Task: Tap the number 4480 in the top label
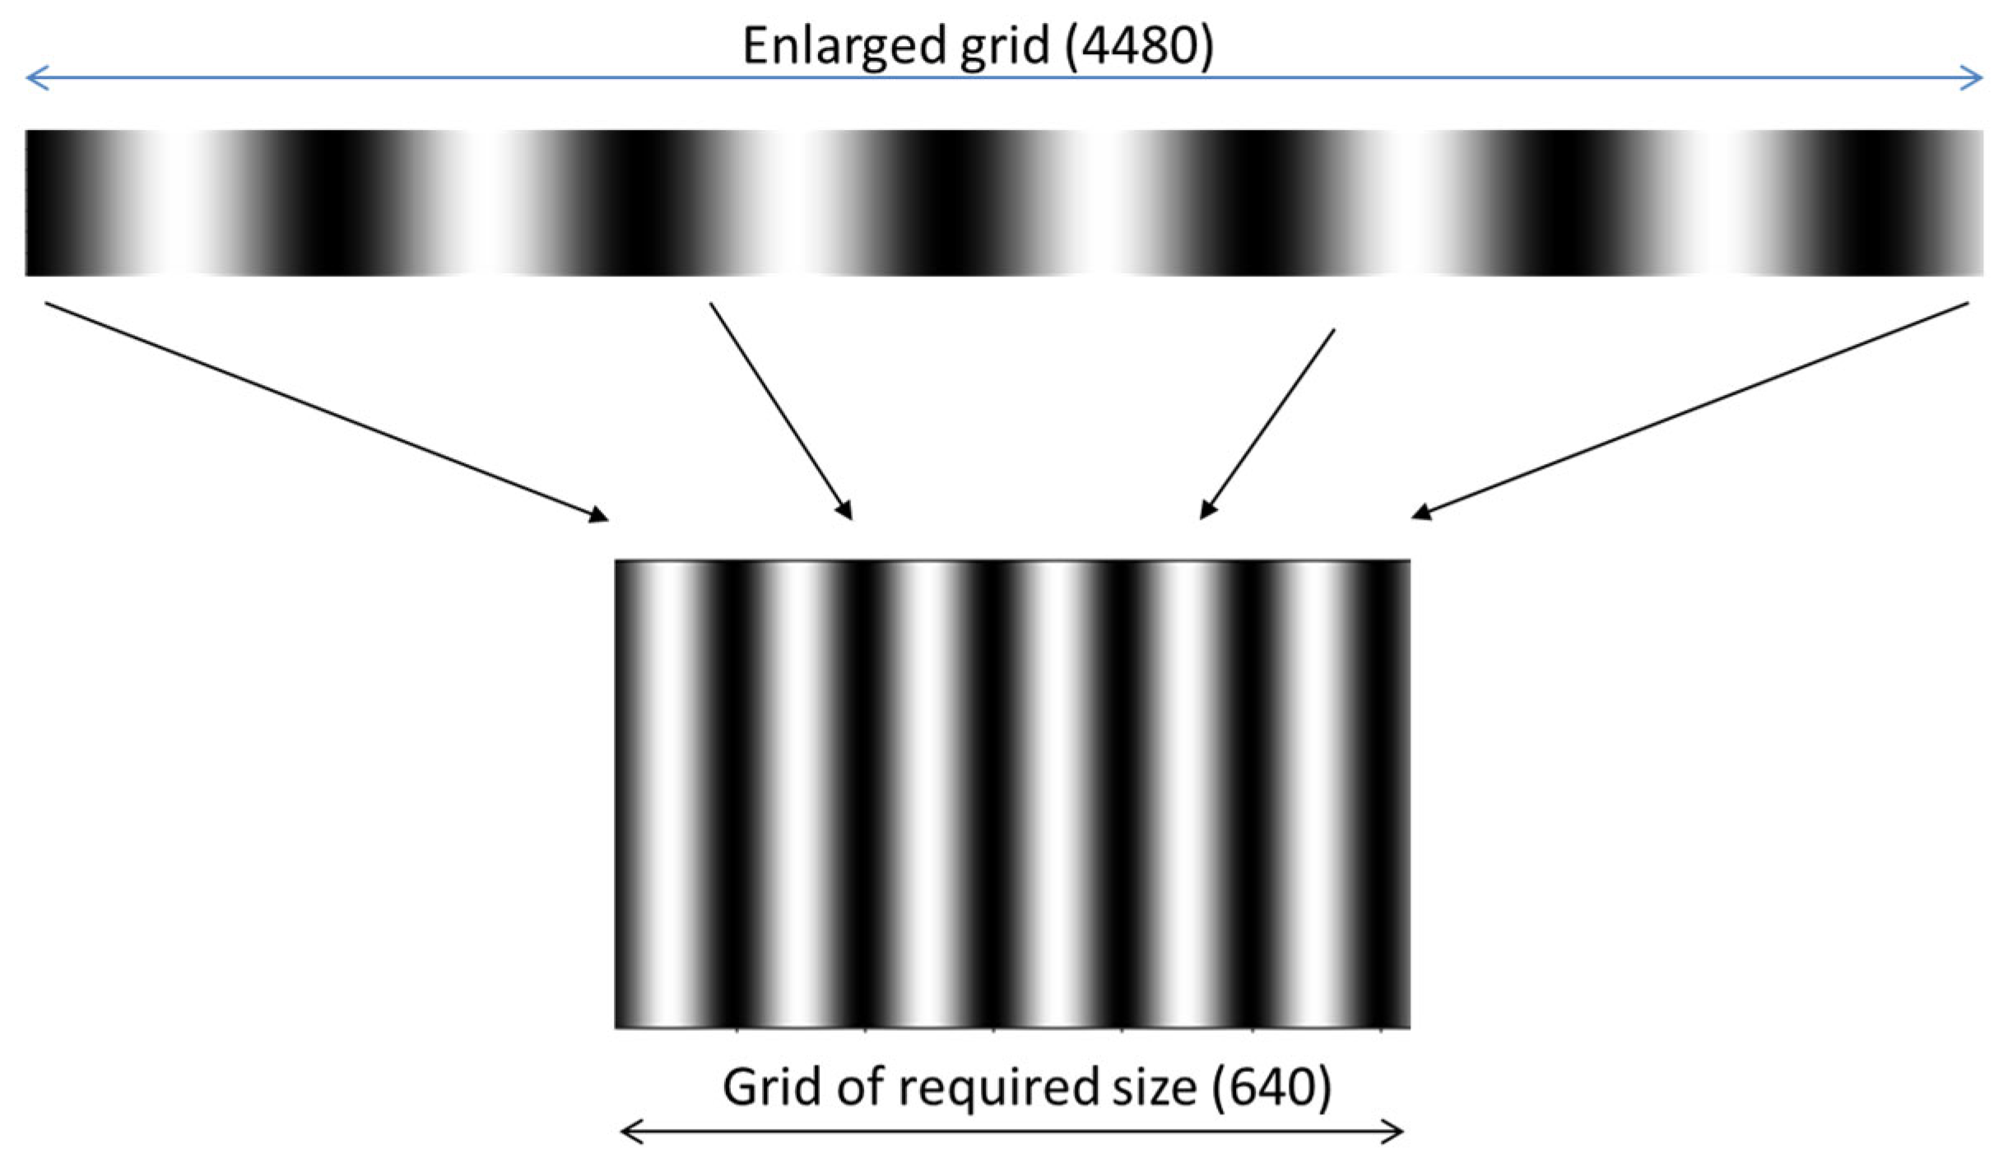coord(1137,46)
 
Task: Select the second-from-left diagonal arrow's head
coord(848,513)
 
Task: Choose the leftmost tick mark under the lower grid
coord(737,1029)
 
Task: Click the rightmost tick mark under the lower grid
coord(1381,1029)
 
